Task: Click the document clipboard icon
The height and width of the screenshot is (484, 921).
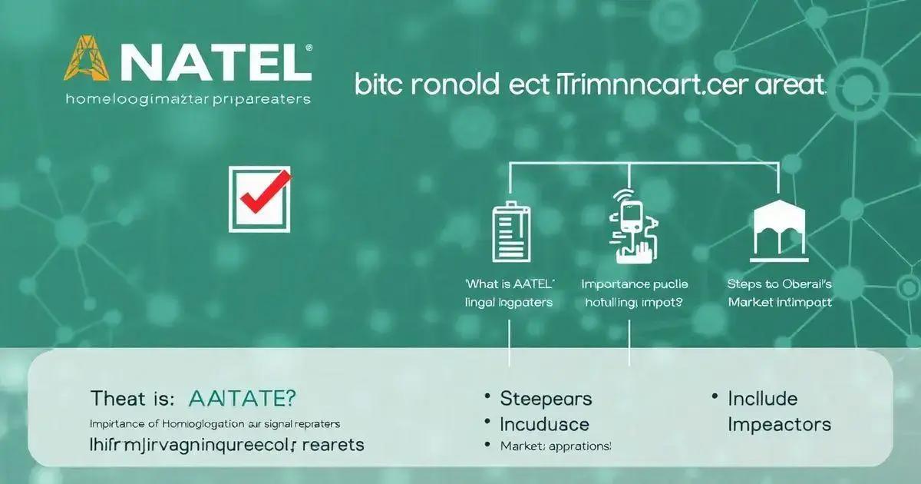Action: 510,233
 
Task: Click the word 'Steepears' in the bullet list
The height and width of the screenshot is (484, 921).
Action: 546,399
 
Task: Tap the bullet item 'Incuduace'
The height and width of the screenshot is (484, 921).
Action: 544,424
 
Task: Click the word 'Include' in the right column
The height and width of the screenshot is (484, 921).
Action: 762,399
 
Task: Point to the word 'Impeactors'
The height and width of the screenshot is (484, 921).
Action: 778,424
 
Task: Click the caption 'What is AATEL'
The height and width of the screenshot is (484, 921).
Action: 509,283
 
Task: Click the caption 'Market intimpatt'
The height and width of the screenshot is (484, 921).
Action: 779,302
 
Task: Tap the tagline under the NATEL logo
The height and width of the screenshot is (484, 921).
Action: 188,99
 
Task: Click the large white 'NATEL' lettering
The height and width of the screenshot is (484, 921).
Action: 211,62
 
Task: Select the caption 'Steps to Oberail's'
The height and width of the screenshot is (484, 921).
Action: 779,283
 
